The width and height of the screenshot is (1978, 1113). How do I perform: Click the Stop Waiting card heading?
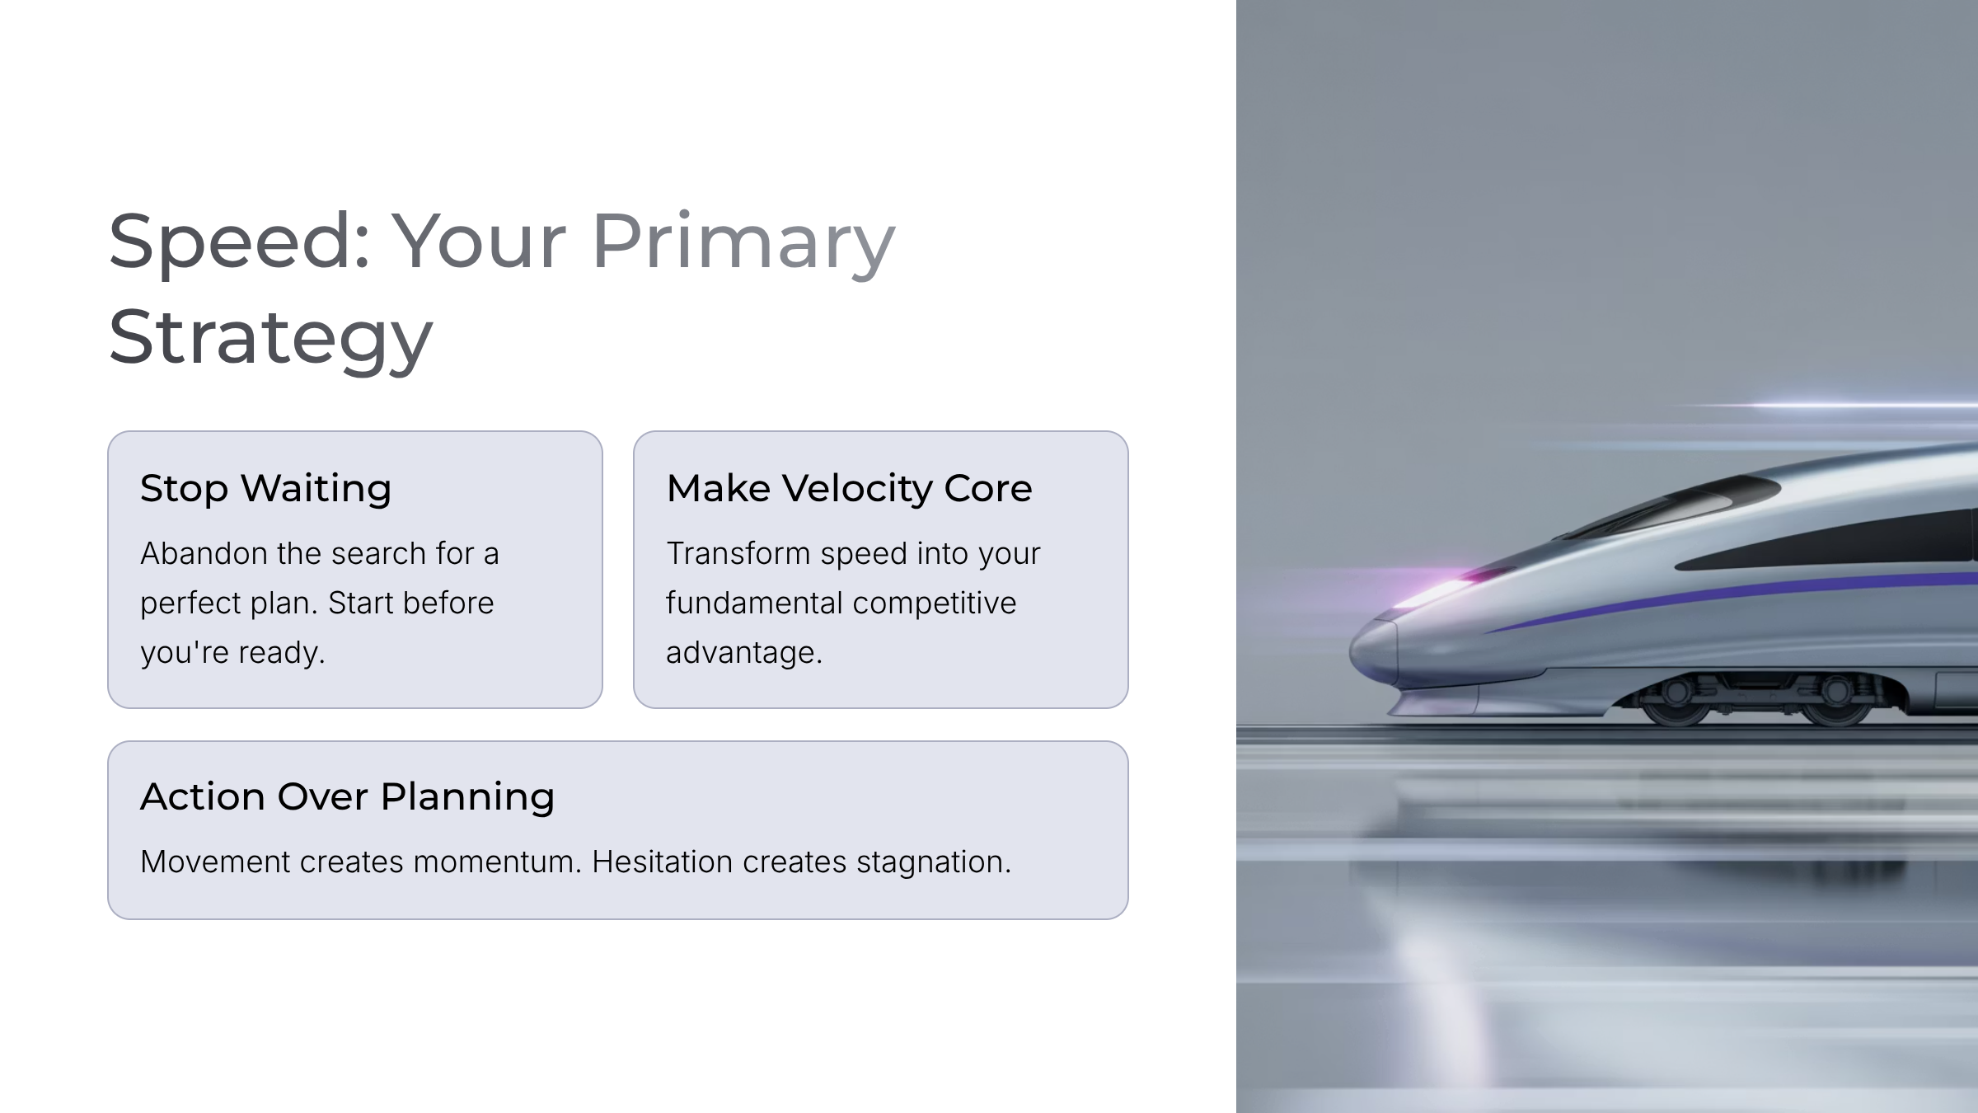click(265, 488)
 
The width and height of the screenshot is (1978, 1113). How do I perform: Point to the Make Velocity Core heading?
click(849, 488)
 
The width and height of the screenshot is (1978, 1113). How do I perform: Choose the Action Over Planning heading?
click(347, 796)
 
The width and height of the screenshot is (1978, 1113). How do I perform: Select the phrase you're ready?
click(232, 652)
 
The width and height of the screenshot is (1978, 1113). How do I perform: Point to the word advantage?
click(743, 653)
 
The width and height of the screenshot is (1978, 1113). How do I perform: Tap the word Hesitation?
click(662, 862)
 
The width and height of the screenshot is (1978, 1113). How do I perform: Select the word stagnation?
click(933, 862)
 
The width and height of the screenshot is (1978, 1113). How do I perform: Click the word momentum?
click(497, 862)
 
